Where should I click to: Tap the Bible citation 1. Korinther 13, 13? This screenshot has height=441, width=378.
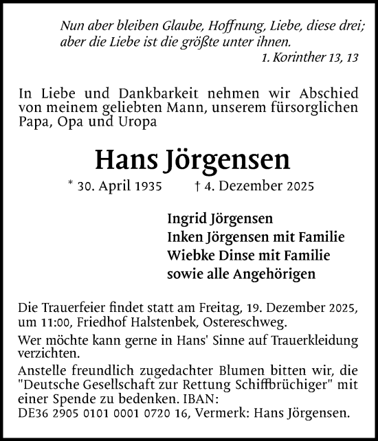(x=310, y=59)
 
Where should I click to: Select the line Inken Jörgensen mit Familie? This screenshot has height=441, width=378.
(x=256, y=237)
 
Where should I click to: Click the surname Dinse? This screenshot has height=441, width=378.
(x=237, y=256)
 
